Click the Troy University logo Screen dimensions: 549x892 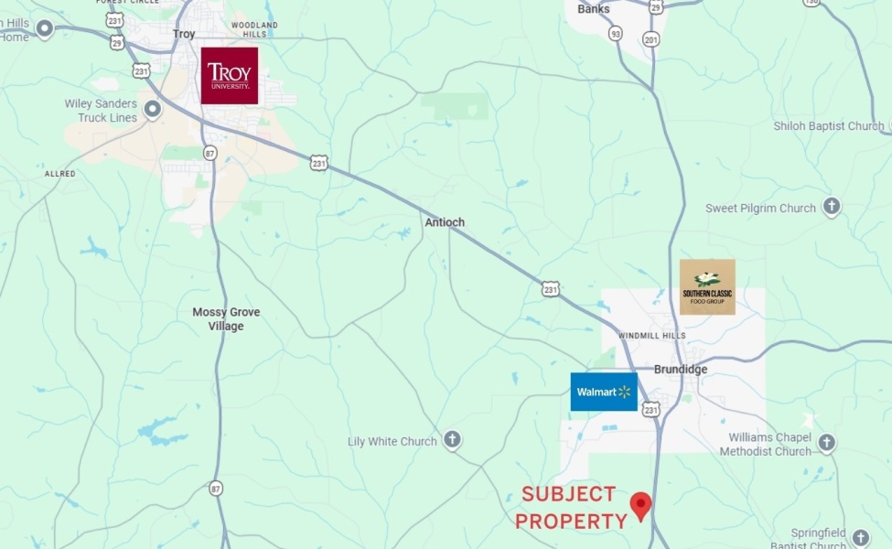pos(229,75)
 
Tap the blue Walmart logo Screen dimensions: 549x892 pos(604,392)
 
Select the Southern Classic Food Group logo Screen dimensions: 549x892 pos(707,286)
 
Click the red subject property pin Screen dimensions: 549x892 pos(641,505)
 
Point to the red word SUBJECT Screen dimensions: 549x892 pos(569,495)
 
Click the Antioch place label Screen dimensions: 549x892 pos(445,222)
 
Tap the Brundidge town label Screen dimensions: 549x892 pos(681,370)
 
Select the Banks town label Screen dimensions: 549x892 pos(594,9)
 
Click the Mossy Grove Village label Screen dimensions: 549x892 pos(226,319)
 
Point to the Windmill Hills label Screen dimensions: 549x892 pos(651,336)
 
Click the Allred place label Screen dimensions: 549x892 pos(60,174)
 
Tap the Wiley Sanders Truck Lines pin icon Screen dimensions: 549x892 pos(153,110)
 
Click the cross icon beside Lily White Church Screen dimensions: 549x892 pos(452,441)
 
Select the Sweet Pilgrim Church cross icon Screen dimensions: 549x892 pos(831,207)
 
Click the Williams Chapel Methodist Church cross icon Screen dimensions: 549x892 pos(826,444)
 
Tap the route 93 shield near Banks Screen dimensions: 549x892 pos(616,34)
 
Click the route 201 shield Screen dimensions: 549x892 pos(650,39)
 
